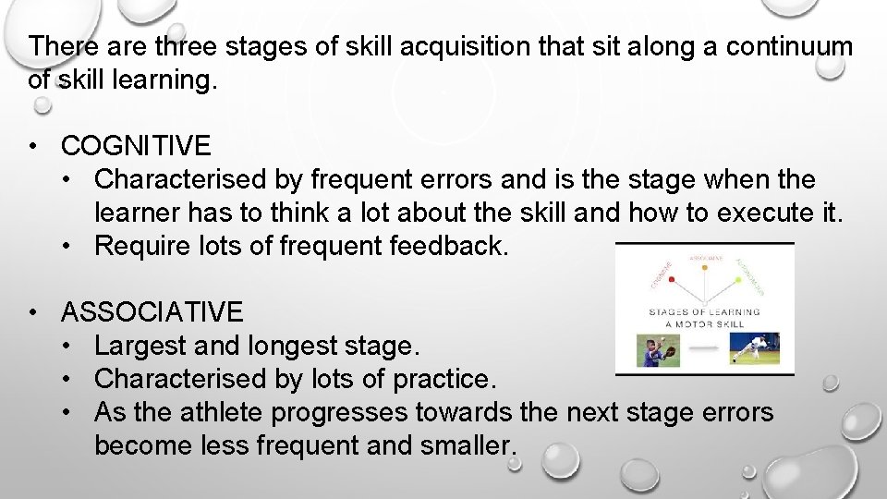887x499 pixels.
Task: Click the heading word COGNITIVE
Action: coord(136,146)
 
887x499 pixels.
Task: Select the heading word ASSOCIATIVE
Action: coord(152,312)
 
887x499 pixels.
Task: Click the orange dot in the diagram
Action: coord(704,269)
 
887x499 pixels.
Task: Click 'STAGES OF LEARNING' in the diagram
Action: coord(704,312)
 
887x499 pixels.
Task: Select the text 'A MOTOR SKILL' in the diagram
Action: coord(704,324)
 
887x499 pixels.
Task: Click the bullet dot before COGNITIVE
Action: coord(33,146)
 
